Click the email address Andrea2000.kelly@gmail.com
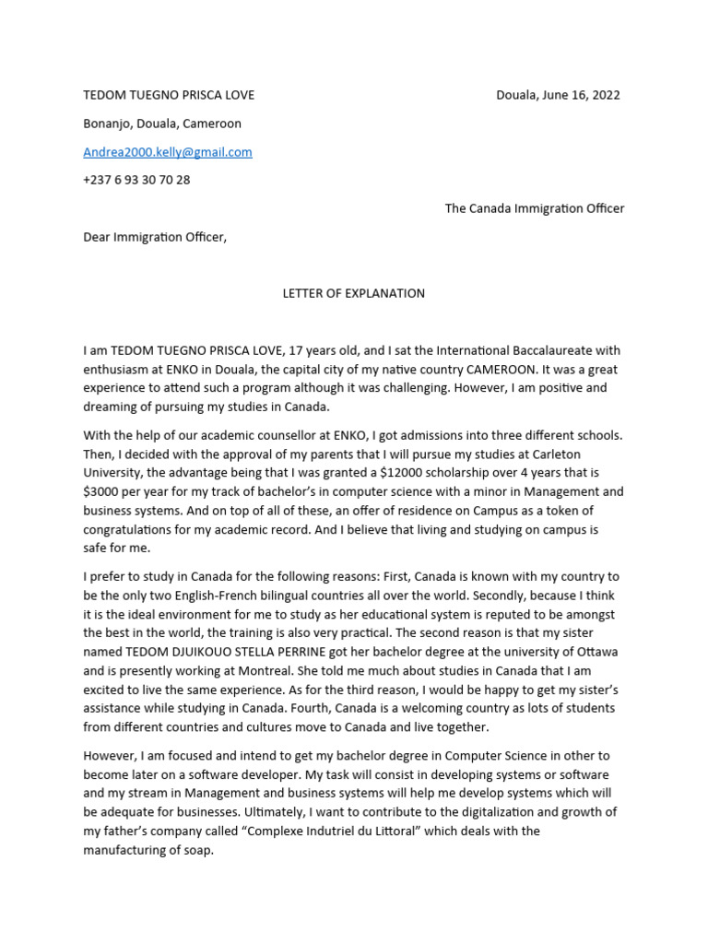[167, 152]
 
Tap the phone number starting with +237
[136, 180]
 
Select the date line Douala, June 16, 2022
[558, 95]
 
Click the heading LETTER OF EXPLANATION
[353, 293]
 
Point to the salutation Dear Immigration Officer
[154, 237]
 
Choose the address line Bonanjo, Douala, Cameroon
[162, 124]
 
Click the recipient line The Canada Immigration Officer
[535, 208]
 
